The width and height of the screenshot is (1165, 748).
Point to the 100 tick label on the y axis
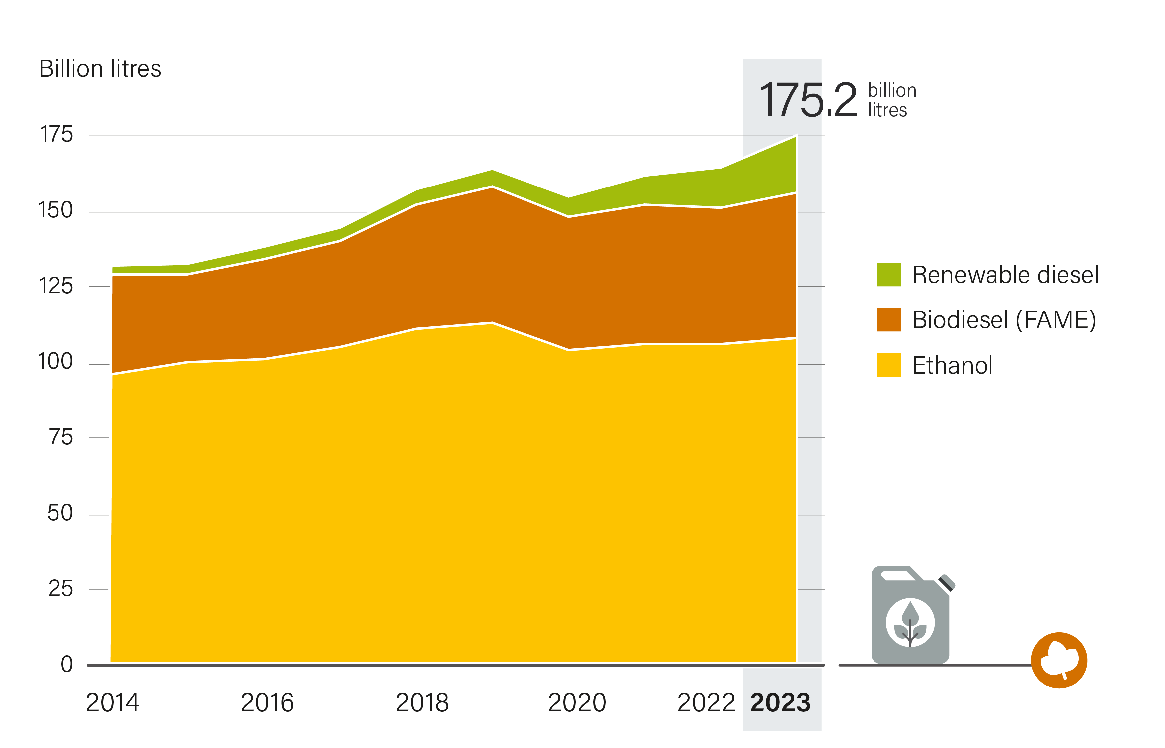click(x=56, y=361)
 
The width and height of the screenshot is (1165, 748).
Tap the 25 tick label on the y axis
click(x=61, y=589)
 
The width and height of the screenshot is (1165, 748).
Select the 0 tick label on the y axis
click(x=67, y=664)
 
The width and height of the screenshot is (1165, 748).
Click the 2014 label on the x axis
click(x=112, y=703)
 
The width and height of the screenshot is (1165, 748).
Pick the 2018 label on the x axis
click(x=422, y=703)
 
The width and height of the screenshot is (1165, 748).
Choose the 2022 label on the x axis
click(x=706, y=703)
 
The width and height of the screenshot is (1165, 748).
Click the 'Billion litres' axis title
click(x=100, y=68)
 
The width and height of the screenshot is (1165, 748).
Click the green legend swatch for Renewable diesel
click(x=889, y=274)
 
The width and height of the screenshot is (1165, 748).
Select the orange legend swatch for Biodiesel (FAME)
click(x=889, y=319)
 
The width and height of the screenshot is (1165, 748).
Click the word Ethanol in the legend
click(x=952, y=365)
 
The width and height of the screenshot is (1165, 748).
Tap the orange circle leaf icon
click(x=1059, y=660)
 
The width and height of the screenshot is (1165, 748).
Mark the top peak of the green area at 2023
click(x=796, y=137)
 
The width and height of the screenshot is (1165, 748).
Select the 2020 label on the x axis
click(x=577, y=703)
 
